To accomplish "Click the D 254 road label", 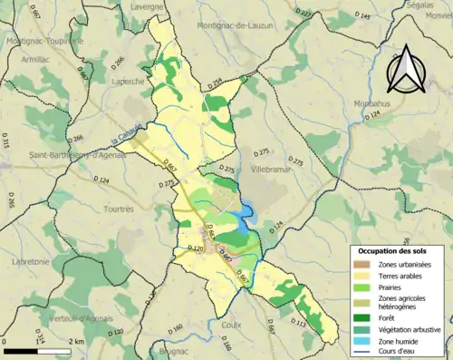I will (214, 83).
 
